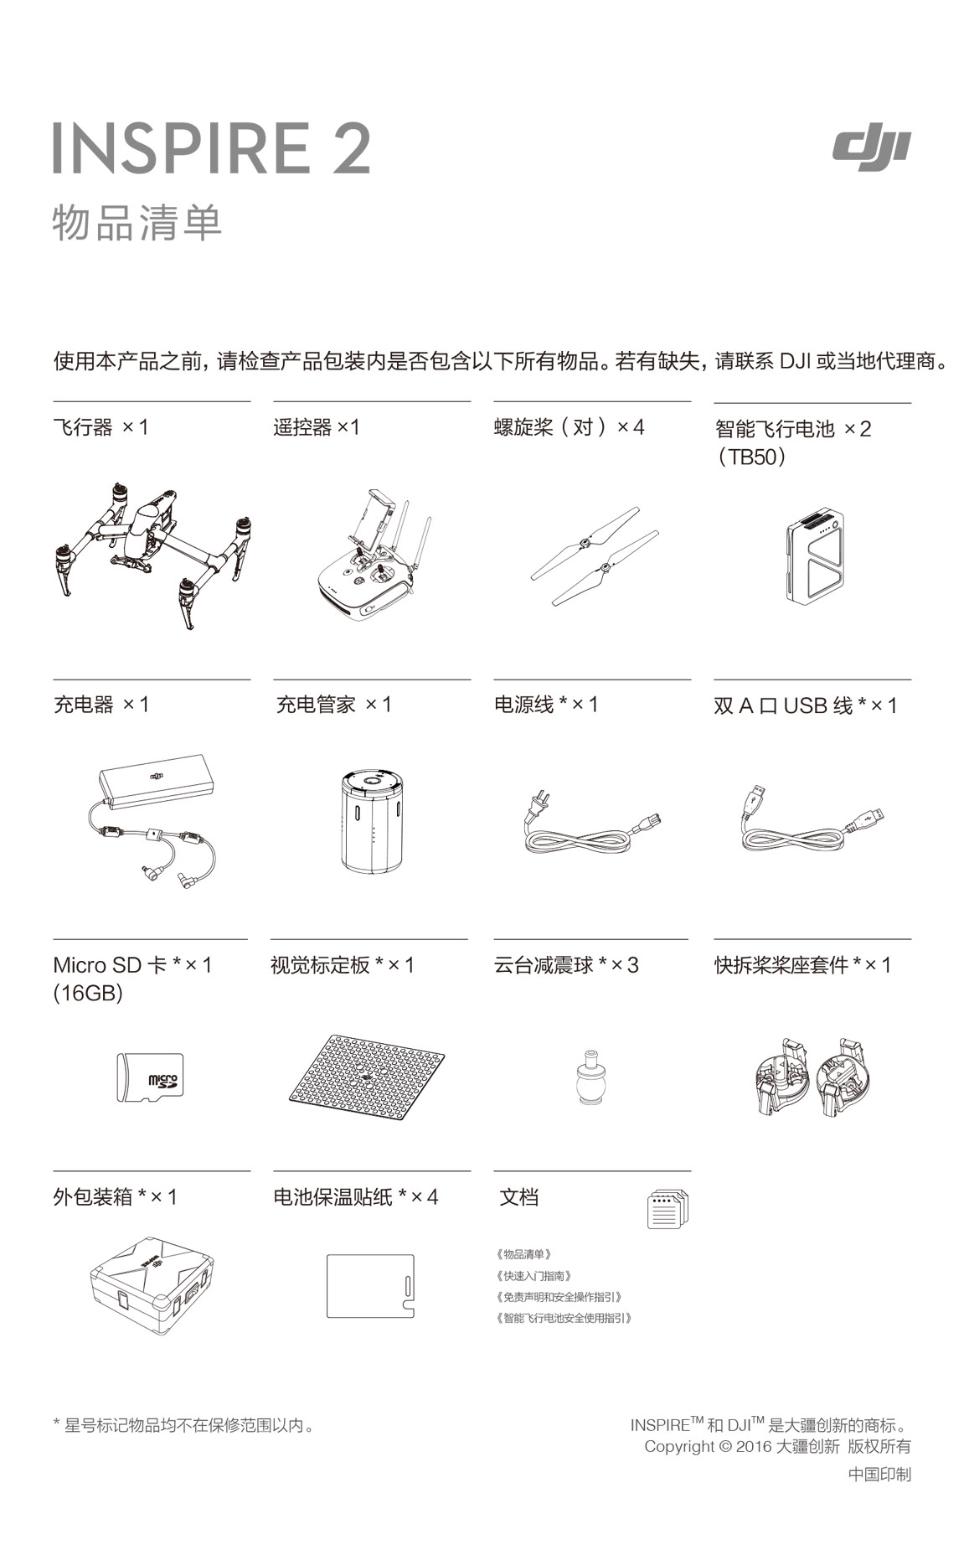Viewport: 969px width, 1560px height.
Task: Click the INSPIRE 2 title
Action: pyautogui.click(x=212, y=148)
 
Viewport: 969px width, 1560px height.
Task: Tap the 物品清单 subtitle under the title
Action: pyautogui.click(x=137, y=223)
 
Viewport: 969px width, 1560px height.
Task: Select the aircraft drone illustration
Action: pyautogui.click(x=152, y=553)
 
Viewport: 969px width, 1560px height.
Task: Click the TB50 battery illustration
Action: pyautogui.click(x=814, y=555)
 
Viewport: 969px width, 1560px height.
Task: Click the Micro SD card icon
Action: pyautogui.click(x=149, y=1077)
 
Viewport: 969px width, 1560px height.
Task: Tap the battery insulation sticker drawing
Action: pyautogui.click(x=370, y=1285)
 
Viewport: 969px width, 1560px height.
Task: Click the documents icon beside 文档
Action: pyautogui.click(x=667, y=1209)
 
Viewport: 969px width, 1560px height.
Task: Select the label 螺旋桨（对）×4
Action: pyautogui.click(x=570, y=427)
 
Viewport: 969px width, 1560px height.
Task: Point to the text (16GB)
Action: pyautogui.click(x=88, y=994)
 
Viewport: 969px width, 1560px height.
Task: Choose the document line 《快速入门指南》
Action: pyautogui.click(x=534, y=1276)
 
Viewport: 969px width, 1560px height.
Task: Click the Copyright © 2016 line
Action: pyautogui.click(x=777, y=1447)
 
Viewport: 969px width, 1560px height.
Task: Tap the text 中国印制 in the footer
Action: pyautogui.click(x=879, y=1475)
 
